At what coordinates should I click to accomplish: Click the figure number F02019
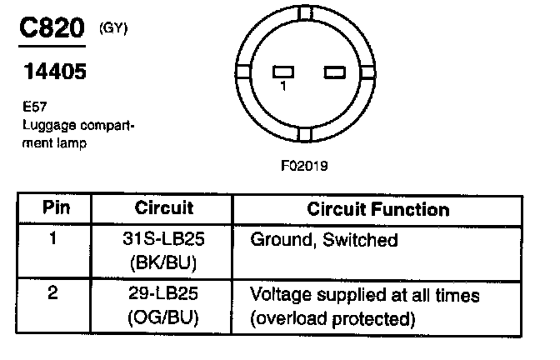304,165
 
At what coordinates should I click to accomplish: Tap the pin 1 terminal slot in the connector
283,72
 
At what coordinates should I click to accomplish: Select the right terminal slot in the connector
335,72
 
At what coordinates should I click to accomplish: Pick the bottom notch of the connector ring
305,132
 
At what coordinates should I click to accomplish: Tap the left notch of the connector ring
243,72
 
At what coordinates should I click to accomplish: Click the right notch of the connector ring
366,72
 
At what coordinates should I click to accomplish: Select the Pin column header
52,209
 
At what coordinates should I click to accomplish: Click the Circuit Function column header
378,209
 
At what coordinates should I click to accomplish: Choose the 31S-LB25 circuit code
163,240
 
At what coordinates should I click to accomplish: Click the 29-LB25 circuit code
163,295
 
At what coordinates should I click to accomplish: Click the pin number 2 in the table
52,295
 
